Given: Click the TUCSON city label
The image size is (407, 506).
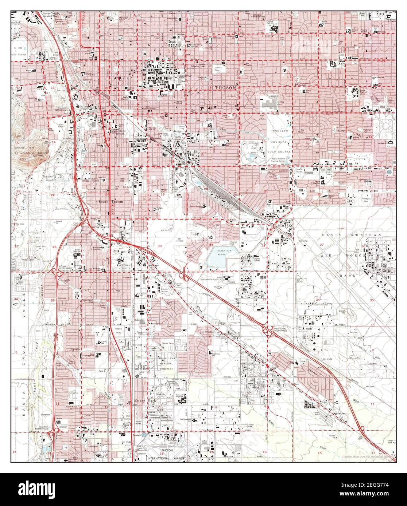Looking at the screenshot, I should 226,88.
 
